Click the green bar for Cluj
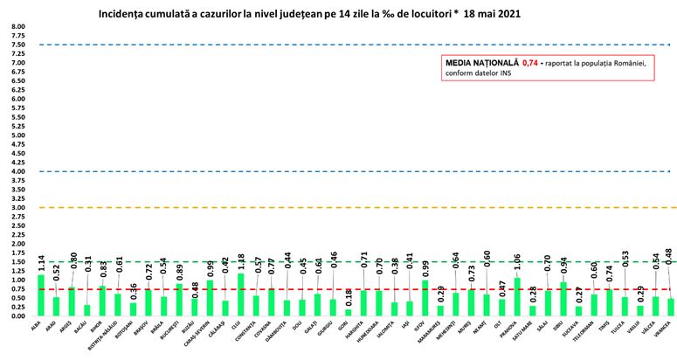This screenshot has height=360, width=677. coord(239,294)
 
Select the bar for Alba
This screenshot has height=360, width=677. coord(41,295)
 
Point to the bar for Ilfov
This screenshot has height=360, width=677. coord(423,298)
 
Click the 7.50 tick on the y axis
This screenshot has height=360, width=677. coord(20,45)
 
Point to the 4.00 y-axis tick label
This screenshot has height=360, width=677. coord(20,171)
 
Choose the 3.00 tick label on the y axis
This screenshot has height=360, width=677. coord(20,208)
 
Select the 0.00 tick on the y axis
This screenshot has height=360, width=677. coord(20,316)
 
